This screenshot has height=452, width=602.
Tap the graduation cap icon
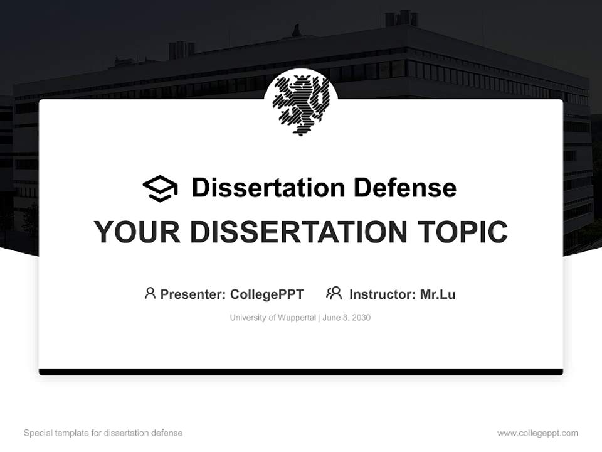pyautogui.click(x=160, y=188)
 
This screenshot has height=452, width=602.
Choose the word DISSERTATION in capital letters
pyautogui.click(x=297, y=232)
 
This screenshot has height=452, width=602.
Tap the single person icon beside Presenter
pyautogui.click(x=150, y=293)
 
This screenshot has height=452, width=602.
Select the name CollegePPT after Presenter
pyautogui.click(x=267, y=294)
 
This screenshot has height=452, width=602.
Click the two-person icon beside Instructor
pyautogui.click(x=334, y=293)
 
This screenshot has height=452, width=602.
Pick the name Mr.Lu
pyautogui.click(x=438, y=294)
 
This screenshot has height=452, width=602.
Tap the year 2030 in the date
pyautogui.click(x=361, y=318)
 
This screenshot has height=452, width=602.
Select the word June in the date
pyautogui.click(x=332, y=318)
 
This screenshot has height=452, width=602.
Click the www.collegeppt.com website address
pyautogui.click(x=537, y=433)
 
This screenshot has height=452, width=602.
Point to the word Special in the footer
pyautogui.click(x=37, y=433)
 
